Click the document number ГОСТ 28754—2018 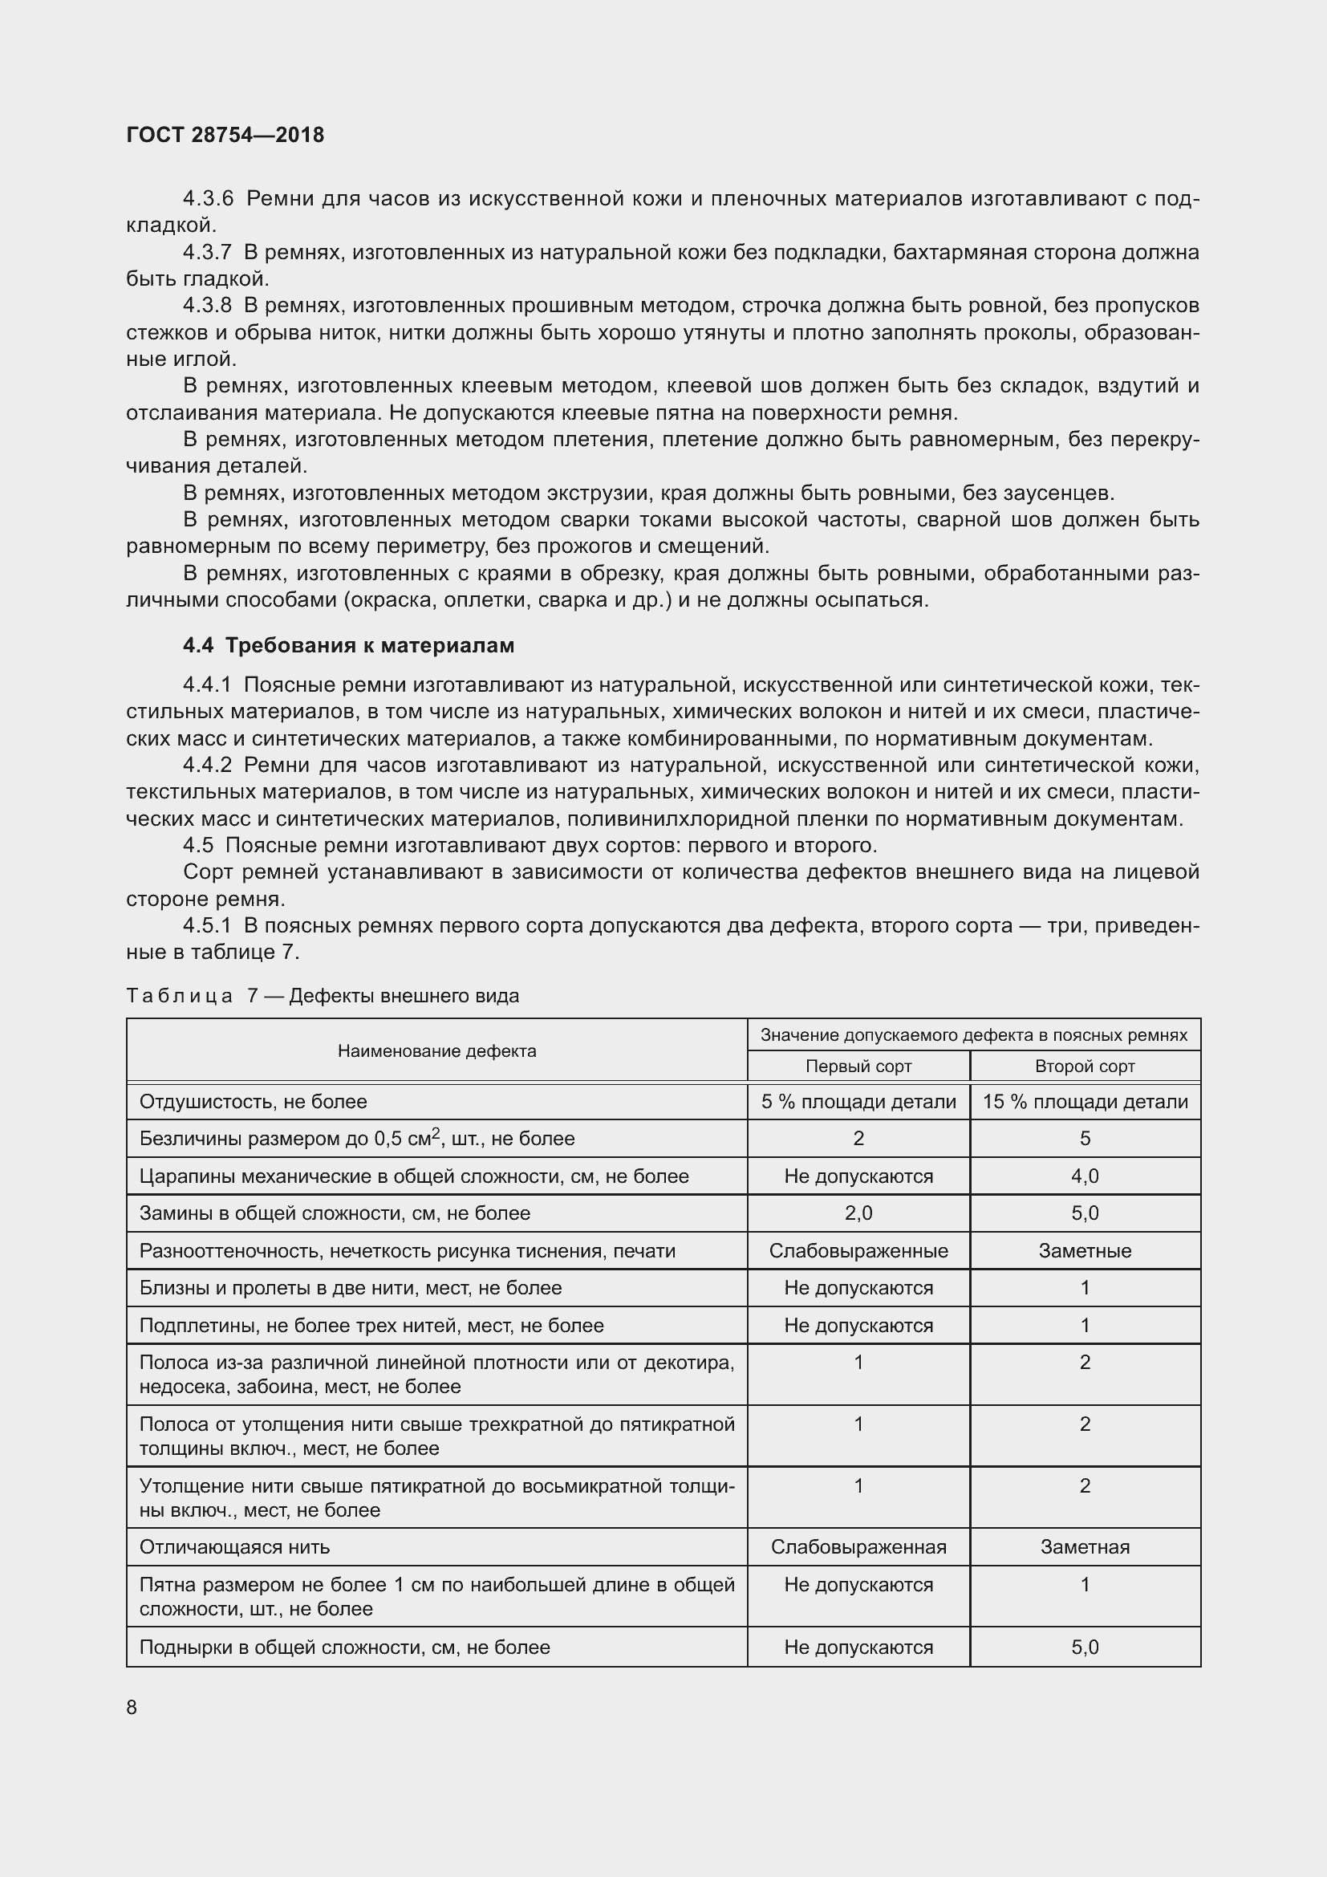click(x=225, y=135)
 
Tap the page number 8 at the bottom click(x=132, y=1707)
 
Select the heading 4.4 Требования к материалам click(x=348, y=645)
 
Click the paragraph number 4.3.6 click(x=208, y=199)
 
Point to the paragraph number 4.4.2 click(x=208, y=766)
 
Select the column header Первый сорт click(x=858, y=1066)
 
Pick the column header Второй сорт click(x=1085, y=1066)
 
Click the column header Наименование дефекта click(x=436, y=1050)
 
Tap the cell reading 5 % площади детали click(x=858, y=1102)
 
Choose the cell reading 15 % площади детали click(x=1085, y=1102)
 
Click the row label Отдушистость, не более click(x=254, y=1102)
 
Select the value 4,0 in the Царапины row click(x=1085, y=1176)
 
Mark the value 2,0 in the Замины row click(x=858, y=1213)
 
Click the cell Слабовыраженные click(x=858, y=1251)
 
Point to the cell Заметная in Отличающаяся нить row click(x=1085, y=1546)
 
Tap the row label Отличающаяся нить click(x=234, y=1546)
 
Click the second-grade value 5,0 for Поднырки click(x=1085, y=1647)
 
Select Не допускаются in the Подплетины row click(x=858, y=1325)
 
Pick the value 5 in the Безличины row click(x=1085, y=1139)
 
